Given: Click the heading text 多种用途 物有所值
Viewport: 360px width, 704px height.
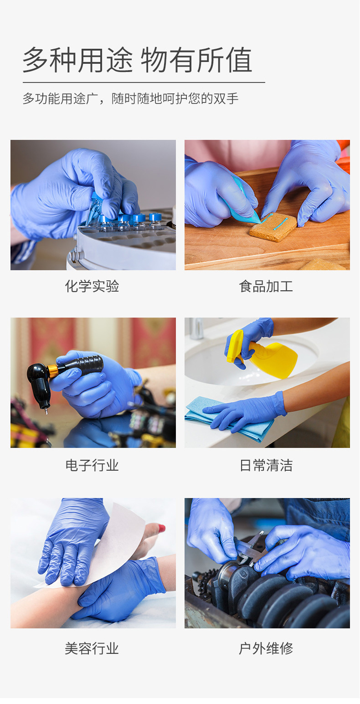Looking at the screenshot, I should (137, 60).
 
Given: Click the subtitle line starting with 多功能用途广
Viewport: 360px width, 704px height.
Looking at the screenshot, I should (130, 98).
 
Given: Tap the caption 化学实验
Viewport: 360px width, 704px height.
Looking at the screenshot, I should (92, 286).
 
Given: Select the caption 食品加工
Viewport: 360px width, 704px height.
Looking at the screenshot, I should (266, 286).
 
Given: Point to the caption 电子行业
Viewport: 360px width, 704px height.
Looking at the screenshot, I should (92, 465).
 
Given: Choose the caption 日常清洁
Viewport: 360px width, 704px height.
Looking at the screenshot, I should (266, 465).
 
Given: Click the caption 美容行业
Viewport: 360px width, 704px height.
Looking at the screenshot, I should (92, 648).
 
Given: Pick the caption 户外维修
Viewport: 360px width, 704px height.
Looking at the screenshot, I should (266, 648).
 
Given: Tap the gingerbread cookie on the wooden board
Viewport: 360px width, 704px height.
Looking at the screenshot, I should (273, 226).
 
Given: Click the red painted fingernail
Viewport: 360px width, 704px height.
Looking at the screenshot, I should (161, 529).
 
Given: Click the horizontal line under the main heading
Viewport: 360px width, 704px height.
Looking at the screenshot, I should (144, 82).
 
